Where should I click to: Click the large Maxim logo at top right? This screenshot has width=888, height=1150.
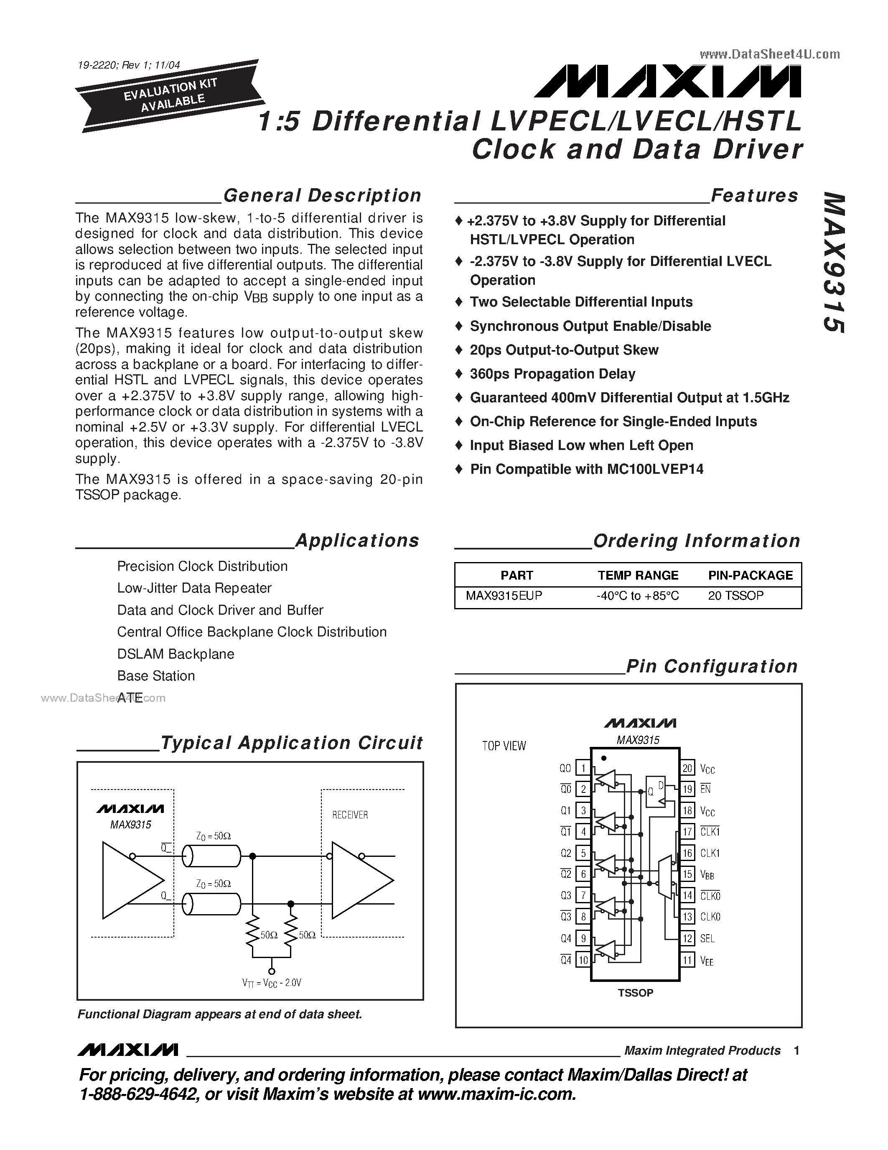[668, 82]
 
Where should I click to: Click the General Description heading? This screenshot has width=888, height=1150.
[322, 195]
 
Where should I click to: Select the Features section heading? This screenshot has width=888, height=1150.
[754, 195]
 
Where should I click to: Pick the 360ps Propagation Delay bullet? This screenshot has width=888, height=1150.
[552, 374]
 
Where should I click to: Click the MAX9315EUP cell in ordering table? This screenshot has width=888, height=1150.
[504, 595]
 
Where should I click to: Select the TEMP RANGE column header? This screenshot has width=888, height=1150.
[638, 575]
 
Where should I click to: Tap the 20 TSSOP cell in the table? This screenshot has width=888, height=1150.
[735, 595]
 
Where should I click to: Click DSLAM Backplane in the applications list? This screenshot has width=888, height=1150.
[176, 654]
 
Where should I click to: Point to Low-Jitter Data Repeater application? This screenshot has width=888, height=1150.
[194, 588]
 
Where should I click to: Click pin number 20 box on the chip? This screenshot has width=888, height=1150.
[687, 768]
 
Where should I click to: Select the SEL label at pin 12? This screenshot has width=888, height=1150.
[707, 938]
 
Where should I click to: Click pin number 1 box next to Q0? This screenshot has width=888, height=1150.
[583, 768]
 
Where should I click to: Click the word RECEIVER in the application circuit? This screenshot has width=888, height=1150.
[350, 815]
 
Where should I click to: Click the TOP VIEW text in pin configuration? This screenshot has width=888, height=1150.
[504, 746]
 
